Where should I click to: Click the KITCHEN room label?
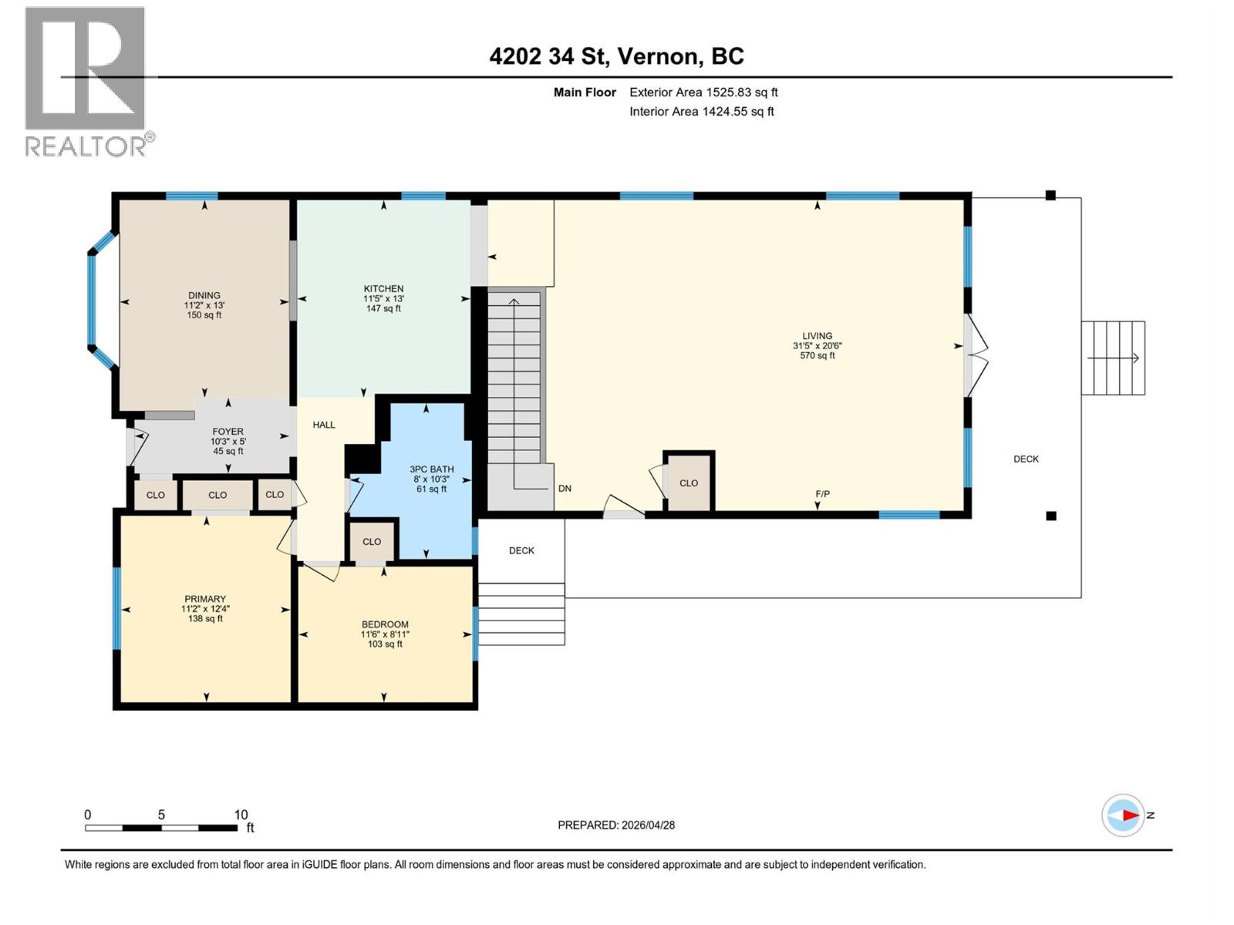click(383, 289)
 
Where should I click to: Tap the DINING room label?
click(204, 295)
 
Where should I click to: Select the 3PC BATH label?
click(431, 469)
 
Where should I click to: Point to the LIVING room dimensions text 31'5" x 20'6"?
click(817, 346)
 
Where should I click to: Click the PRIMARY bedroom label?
click(205, 599)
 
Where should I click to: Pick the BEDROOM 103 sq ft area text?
click(385, 644)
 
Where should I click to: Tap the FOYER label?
click(228, 432)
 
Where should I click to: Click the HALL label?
click(324, 425)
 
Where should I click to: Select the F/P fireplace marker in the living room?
click(822, 494)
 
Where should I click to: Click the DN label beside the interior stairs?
click(565, 488)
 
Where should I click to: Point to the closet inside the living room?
click(689, 483)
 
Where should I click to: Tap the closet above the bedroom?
click(372, 542)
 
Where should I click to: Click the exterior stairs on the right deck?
click(1113, 358)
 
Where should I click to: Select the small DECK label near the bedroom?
click(521, 550)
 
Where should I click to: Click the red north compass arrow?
click(1131, 816)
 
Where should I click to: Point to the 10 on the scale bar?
click(241, 815)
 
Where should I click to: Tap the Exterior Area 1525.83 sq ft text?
click(703, 92)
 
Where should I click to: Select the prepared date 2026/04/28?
click(648, 825)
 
